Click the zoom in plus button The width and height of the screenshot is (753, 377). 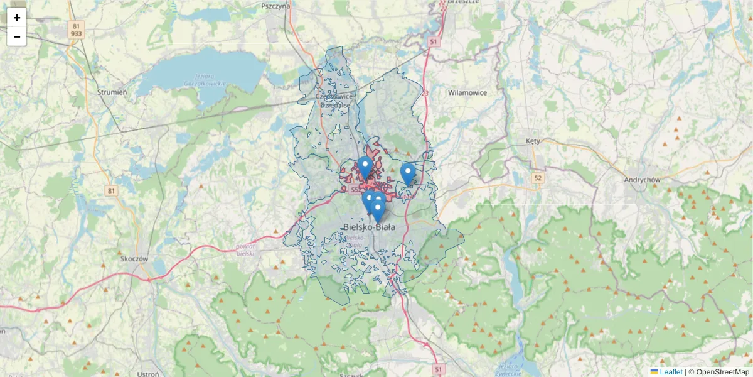point(16,18)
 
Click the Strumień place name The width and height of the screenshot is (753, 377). point(112,92)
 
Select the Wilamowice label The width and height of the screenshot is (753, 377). point(467,92)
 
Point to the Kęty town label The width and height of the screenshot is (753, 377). point(533,141)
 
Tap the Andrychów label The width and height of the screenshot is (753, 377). point(643,179)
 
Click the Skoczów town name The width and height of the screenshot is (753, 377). point(134,258)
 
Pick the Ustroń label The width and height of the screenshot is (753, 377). point(147,374)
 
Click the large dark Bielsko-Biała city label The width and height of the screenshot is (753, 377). point(370,227)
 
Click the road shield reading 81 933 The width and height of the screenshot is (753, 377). point(77,30)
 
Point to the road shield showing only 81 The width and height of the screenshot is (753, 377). point(112,190)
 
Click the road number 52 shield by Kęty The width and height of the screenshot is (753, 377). point(537,178)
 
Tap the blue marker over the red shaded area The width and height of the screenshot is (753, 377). point(365,168)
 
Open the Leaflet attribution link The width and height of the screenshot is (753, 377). point(670,372)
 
